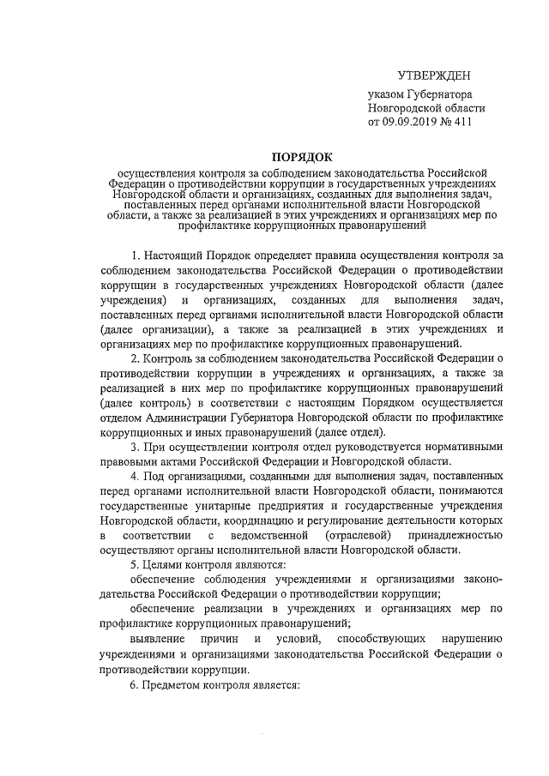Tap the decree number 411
tap(461, 123)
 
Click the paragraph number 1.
tap(135, 256)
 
